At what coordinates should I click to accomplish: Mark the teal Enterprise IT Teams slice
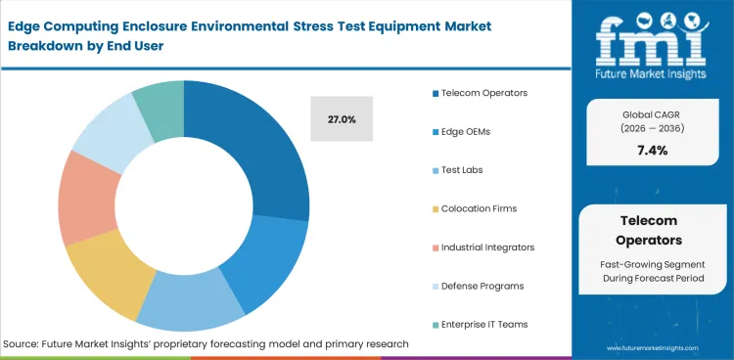160,104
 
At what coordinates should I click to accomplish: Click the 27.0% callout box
342,118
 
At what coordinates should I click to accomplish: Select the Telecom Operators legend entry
483,93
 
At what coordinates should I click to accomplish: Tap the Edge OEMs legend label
467,131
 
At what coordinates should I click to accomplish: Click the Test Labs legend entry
461,169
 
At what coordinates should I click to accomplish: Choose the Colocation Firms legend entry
478,208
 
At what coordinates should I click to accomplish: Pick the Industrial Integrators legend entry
487,247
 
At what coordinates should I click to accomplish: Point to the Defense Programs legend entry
481,285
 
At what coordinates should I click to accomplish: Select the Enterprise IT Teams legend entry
483,324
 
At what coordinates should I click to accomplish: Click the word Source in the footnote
23,344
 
